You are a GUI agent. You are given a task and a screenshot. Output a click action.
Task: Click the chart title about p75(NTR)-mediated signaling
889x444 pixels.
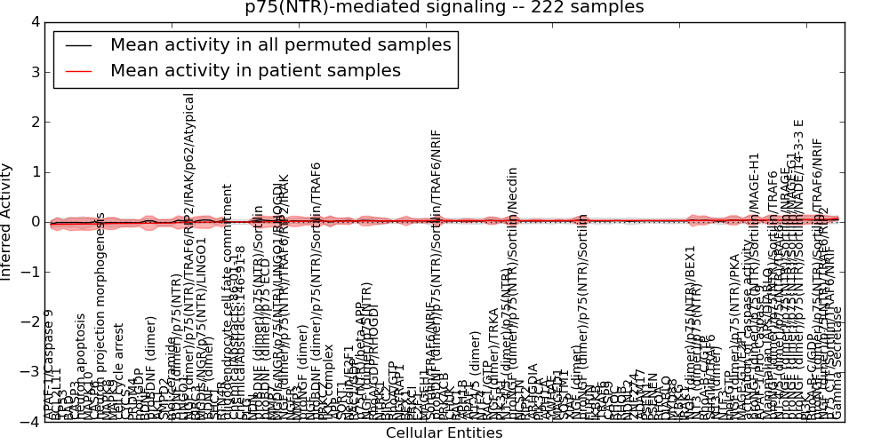pos(444,8)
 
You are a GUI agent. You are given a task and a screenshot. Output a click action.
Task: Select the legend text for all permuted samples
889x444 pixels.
pos(280,44)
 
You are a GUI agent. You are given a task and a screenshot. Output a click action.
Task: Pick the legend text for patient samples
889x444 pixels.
pos(255,70)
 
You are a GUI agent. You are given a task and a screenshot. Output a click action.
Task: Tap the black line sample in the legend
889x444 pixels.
pos(78,44)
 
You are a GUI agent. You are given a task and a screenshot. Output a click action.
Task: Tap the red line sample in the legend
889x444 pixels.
pos(78,70)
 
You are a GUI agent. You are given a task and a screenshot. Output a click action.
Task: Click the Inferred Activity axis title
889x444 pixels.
pos(7,222)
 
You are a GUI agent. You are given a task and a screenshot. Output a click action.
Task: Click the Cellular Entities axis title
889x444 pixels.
pos(444,433)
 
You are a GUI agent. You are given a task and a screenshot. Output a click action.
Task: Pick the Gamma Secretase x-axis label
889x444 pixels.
pos(837,364)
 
